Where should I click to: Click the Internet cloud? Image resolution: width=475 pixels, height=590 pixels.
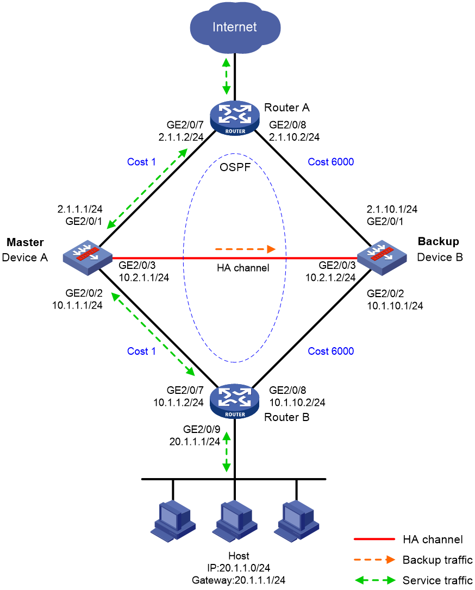[x=235, y=27]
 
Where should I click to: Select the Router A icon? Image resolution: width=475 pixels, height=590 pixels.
[x=235, y=118]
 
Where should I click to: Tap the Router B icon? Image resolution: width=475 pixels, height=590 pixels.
[x=235, y=401]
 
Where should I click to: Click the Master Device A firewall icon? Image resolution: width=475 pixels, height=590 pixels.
[x=87, y=258]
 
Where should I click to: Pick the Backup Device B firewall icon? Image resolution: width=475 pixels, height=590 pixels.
[x=382, y=258]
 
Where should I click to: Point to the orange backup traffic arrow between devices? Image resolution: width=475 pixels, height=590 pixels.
[x=246, y=249]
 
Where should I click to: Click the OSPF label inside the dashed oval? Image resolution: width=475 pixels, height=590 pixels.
[x=235, y=167]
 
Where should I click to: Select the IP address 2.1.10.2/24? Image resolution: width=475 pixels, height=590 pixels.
[x=295, y=137]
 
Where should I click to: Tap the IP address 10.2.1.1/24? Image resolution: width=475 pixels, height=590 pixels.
[x=144, y=278]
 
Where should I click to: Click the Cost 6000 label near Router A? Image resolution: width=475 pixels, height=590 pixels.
[x=331, y=162]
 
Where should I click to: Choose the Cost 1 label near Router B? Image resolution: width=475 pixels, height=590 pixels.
[x=141, y=351]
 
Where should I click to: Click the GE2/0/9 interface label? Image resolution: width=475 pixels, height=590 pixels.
[x=202, y=429]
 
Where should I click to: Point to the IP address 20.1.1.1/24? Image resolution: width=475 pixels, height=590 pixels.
[x=195, y=441]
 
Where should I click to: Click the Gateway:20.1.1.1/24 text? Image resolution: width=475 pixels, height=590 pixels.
[x=239, y=580]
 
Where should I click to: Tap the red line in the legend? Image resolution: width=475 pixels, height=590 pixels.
[x=374, y=539]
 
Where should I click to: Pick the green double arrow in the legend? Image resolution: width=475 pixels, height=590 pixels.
[x=375, y=580]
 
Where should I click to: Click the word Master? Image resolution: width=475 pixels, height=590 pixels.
[x=25, y=242]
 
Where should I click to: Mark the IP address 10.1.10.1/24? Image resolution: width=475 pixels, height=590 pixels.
[x=395, y=306]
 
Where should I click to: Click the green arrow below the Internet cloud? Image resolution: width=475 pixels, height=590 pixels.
[x=226, y=77]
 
